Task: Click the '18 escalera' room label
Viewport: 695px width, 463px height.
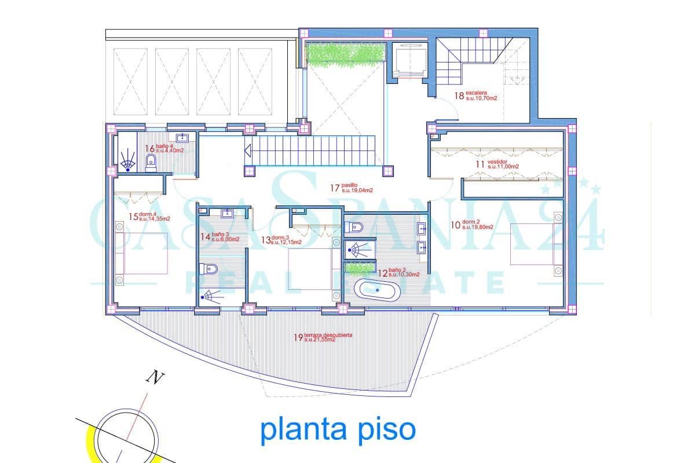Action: (476, 95)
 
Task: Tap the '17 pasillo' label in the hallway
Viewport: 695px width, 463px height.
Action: (351, 188)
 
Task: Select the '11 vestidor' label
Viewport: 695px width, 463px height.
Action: (496, 164)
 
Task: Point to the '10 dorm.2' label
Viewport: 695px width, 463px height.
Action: (471, 225)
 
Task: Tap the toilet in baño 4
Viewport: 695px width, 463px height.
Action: (151, 163)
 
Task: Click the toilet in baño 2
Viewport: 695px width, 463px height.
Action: (355, 226)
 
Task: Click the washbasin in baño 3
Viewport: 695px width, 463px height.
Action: (227, 214)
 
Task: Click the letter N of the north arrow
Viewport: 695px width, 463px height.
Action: (154, 378)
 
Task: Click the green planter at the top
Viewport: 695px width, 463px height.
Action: (346, 53)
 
